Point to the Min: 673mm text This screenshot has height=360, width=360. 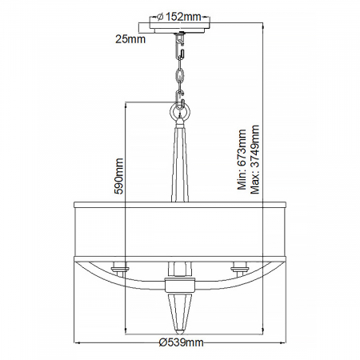coord(241,164)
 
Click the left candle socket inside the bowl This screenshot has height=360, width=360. coord(120,266)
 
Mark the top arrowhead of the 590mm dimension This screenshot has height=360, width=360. coord(126,104)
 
